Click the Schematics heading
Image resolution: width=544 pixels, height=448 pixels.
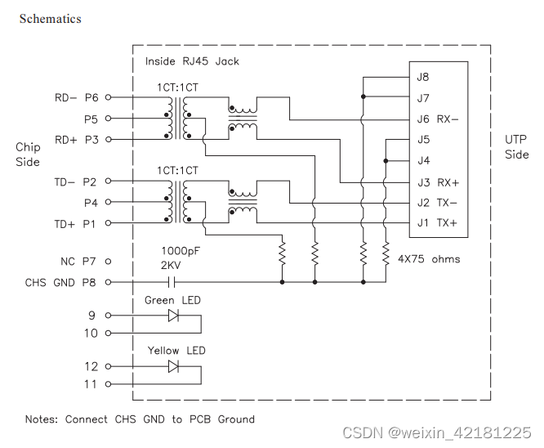tap(50, 18)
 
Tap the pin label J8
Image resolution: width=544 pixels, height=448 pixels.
tap(423, 78)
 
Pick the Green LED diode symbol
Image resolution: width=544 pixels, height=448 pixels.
tap(172, 315)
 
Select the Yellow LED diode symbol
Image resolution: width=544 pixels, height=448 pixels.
tap(172, 365)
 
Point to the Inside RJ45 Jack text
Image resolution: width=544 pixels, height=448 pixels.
tap(192, 61)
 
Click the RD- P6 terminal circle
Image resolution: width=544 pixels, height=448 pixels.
tap(108, 97)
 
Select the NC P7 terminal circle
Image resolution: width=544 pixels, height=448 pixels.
tap(108, 262)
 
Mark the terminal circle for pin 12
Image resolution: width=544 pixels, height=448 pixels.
tap(108, 366)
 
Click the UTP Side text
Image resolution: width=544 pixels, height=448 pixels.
tap(516, 147)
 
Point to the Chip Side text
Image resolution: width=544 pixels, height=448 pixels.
tap(27, 155)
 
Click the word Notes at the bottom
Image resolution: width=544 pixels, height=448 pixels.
tap(41, 419)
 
